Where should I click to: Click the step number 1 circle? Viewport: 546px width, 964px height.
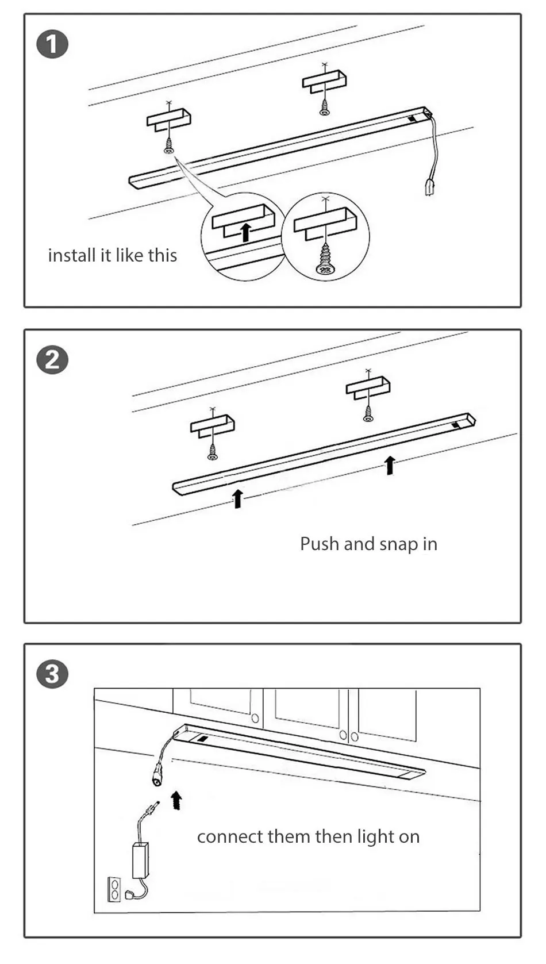(x=52, y=45)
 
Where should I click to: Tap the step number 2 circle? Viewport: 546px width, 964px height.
(x=52, y=360)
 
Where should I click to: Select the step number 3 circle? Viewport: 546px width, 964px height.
(x=52, y=674)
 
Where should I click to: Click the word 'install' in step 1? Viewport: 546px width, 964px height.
(x=72, y=255)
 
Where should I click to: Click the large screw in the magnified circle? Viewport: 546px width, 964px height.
(x=325, y=258)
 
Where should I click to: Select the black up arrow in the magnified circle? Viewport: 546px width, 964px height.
(x=246, y=232)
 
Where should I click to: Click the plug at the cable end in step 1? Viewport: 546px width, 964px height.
(x=429, y=187)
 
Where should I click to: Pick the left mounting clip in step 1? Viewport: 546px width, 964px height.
(x=168, y=119)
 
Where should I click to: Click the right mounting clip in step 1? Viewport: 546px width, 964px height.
(x=324, y=81)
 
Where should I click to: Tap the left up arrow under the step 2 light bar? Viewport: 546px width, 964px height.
(x=237, y=498)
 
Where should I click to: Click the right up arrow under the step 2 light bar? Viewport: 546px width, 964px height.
(x=390, y=464)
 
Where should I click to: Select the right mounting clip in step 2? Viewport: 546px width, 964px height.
(x=368, y=387)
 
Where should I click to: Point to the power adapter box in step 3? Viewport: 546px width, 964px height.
(x=140, y=861)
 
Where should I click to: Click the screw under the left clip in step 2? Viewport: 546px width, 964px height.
(x=213, y=452)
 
